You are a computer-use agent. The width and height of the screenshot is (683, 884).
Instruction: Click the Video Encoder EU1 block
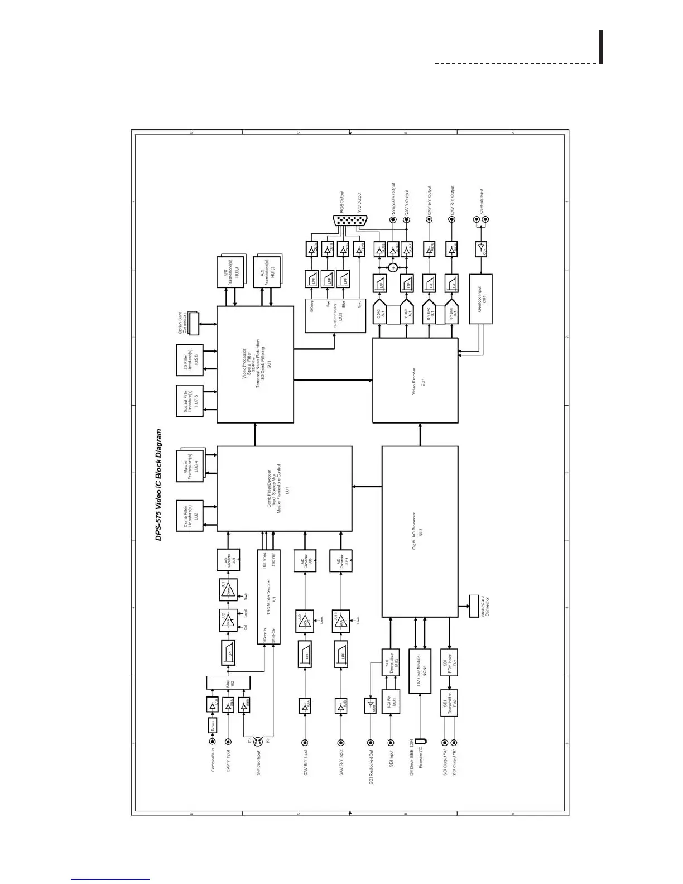coord(415,381)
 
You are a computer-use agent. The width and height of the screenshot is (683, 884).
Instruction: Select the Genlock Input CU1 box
coord(481,299)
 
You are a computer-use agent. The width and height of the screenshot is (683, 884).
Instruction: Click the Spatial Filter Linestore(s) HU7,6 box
coord(189,400)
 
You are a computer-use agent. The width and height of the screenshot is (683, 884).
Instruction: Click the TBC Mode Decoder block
coord(268,597)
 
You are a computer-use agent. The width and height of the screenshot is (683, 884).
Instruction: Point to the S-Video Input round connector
coord(257,742)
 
